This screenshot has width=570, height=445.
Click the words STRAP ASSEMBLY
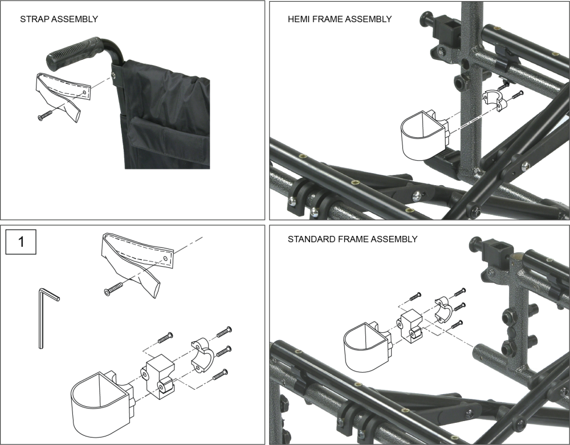click(59, 19)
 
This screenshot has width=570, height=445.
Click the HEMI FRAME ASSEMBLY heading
click(340, 19)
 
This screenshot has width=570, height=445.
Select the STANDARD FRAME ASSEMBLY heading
click(352, 239)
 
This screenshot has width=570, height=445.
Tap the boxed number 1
click(21, 242)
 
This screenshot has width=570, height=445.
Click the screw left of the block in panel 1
click(165, 337)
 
